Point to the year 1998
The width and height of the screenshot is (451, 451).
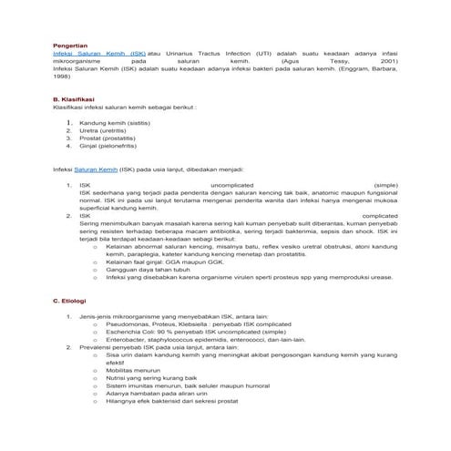[61, 77]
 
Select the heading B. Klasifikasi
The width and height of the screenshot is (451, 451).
[74, 98]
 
